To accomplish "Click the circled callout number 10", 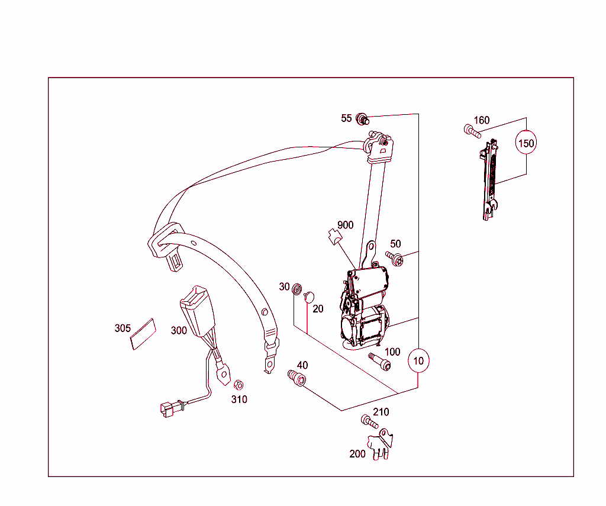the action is click(418, 360).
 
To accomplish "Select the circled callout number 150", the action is click(526, 143).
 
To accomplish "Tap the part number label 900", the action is click(345, 225).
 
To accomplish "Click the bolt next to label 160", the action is click(472, 131).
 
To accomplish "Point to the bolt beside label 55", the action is click(362, 119).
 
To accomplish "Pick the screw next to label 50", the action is click(394, 258).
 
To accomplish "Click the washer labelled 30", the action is click(297, 289).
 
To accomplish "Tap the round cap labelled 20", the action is click(309, 297).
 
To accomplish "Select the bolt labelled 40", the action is click(296, 378).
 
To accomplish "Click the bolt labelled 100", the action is click(379, 362).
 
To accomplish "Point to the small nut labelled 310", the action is click(239, 385).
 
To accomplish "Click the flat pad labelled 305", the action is click(143, 334).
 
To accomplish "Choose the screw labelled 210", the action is click(369, 422).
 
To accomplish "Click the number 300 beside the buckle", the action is click(179, 330).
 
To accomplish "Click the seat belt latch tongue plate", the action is click(167, 246).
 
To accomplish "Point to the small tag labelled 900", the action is click(335, 237).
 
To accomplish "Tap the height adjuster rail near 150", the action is click(489, 180).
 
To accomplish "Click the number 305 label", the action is click(123, 328).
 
